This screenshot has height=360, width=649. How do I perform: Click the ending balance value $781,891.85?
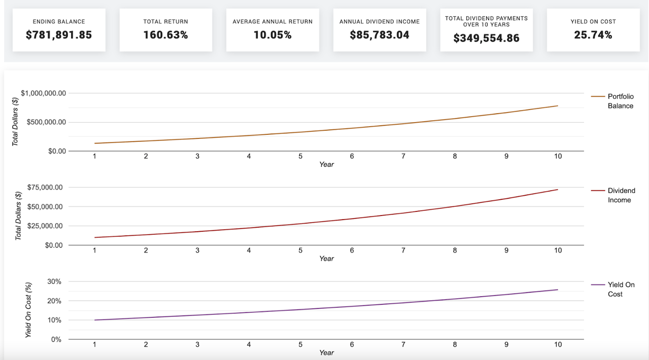tap(59, 35)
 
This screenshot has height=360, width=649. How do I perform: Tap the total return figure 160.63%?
tap(165, 35)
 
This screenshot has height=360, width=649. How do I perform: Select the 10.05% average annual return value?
tap(272, 35)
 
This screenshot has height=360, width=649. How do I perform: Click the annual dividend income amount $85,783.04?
tap(379, 35)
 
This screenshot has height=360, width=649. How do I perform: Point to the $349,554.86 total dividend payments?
tap(486, 38)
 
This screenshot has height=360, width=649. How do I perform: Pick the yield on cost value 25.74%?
tap(593, 35)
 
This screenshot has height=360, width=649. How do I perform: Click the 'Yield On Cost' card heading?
tap(593, 22)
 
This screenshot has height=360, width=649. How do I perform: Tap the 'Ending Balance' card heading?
tap(59, 22)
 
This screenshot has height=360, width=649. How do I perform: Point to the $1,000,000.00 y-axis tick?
tap(43, 93)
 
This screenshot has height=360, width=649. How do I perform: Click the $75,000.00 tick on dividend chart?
tap(45, 188)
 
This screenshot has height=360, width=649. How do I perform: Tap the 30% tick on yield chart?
tap(54, 282)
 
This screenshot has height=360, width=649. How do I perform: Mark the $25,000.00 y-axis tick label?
tap(45, 226)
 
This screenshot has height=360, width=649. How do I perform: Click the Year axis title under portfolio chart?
tap(327, 164)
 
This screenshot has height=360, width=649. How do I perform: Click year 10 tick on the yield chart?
tap(558, 344)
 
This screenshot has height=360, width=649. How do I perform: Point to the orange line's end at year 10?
tap(558, 106)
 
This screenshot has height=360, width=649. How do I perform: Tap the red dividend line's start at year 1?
tap(95, 237)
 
